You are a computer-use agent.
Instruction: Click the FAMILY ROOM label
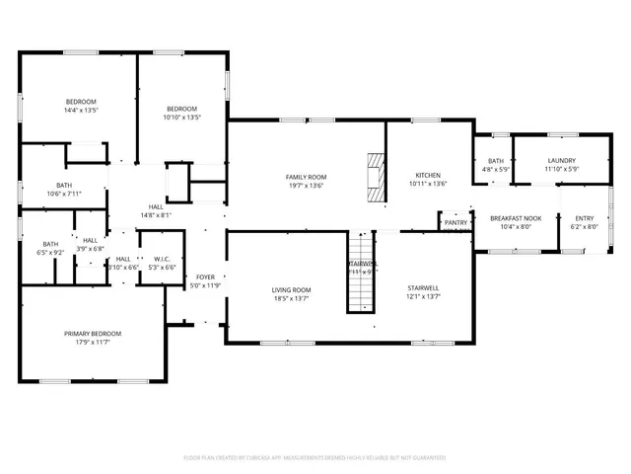click(x=306, y=177)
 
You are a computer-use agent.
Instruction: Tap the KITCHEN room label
click(x=429, y=175)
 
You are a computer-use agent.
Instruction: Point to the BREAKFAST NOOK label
click(x=517, y=218)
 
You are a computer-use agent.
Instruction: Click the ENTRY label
click(x=585, y=218)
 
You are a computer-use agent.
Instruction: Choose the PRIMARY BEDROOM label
click(x=92, y=335)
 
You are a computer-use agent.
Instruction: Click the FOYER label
click(x=205, y=277)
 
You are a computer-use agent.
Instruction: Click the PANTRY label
click(x=456, y=223)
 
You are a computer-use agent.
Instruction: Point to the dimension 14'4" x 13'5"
click(x=81, y=110)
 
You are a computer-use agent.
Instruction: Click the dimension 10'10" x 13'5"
click(x=182, y=117)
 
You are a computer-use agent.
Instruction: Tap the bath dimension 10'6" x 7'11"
click(x=64, y=194)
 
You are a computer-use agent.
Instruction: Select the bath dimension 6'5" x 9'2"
click(x=49, y=252)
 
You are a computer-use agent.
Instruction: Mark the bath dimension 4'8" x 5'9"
click(x=495, y=169)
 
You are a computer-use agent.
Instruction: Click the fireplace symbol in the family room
click(x=375, y=177)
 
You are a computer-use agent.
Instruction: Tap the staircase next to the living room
click(x=362, y=272)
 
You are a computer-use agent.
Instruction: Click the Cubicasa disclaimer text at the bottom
click(x=315, y=457)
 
